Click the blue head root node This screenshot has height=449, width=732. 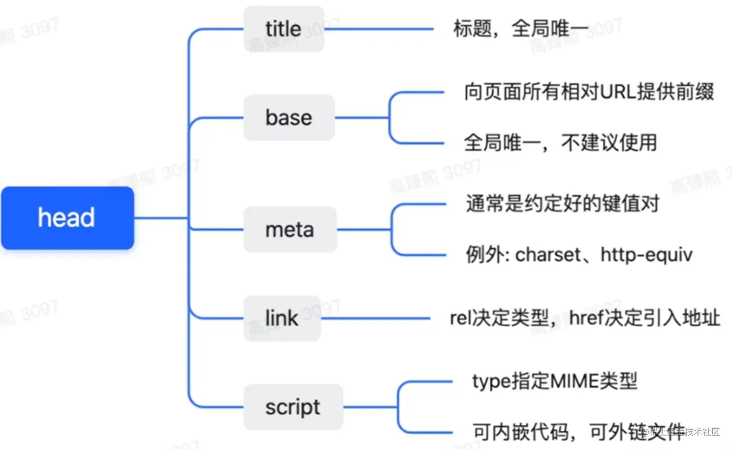(67, 218)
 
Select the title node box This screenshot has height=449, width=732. (284, 29)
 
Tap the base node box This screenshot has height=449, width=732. (289, 118)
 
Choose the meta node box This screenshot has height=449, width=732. (290, 230)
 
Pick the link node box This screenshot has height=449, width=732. (282, 318)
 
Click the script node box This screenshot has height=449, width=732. (293, 407)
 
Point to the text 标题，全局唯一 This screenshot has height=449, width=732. (520, 29)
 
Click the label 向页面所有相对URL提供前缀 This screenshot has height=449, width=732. (589, 92)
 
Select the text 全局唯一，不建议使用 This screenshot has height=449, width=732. (560, 143)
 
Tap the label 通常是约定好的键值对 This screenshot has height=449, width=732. (562, 204)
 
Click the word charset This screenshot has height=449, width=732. (548, 255)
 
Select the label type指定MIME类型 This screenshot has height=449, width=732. (555, 381)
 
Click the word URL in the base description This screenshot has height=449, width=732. (618, 92)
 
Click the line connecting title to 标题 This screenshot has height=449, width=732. (379, 29)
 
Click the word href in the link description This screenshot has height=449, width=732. (586, 318)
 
